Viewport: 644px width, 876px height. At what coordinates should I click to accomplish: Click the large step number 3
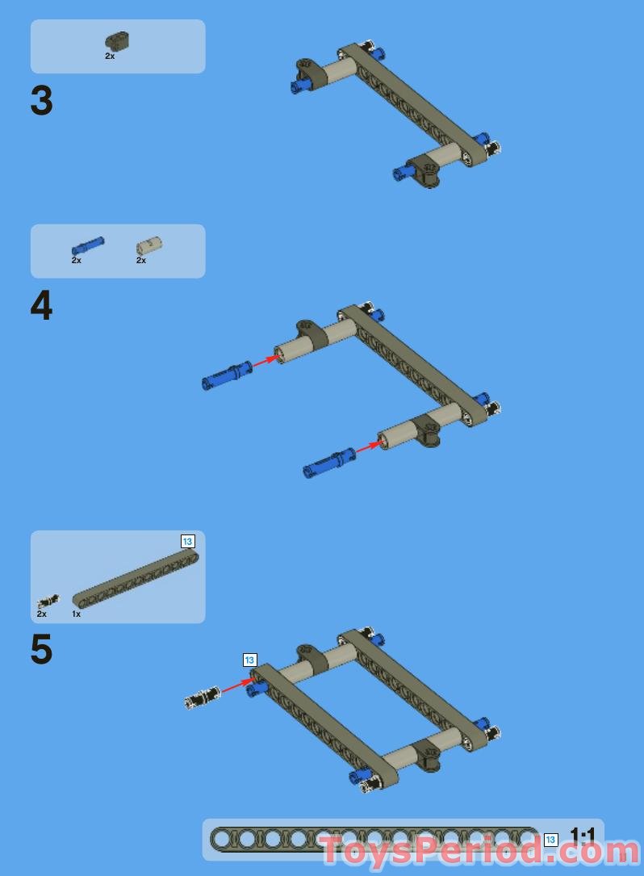pyautogui.click(x=42, y=101)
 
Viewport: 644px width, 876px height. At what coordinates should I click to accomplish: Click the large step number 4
pyautogui.click(x=41, y=306)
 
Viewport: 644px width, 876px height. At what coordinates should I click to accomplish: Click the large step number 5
pyautogui.click(x=41, y=649)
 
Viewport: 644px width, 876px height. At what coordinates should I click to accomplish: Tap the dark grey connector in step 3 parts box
pyautogui.click(x=117, y=41)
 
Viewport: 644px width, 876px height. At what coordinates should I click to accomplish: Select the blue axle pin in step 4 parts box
pyautogui.click(x=88, y=245)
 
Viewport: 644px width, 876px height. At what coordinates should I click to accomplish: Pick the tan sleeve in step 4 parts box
pyautogui.click(x=149, y=246)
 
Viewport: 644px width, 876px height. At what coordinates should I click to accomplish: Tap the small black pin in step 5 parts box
pyautogui.click(x=48, y=601)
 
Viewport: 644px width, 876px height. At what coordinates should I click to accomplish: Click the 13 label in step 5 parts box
pyautogui.click(x=188, y=542)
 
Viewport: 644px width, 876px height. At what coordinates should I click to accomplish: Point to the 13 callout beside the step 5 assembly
pyautogui.click(x=249, y=660)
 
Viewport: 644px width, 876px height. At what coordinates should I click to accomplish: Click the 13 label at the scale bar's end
pyautogui.click(x=550, y=840)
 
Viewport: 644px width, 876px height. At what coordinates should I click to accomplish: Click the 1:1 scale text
pyautogui.click(x=582, y=836)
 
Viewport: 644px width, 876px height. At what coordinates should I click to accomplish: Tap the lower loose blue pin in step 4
pyautogui.click(x=328, y=463)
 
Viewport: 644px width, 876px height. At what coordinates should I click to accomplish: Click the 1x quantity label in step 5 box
pyautogui.click(x=76, y=614)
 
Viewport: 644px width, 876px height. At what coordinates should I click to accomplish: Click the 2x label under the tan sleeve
pyautogui.click(x=140, y=260)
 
